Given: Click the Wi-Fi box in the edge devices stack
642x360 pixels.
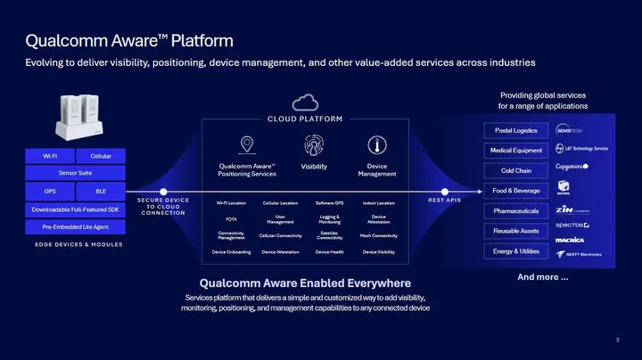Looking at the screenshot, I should point(50,156).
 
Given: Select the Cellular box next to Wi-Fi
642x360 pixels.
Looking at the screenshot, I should point(101,156).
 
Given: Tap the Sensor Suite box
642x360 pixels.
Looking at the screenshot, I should point(75,173).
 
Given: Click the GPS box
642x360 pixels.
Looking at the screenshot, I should point(50,191).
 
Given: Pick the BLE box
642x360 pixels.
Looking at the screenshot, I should point(101,191).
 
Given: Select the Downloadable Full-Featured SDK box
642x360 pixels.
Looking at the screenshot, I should point(75,209).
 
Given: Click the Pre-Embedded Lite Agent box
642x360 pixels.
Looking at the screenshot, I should point(75,226).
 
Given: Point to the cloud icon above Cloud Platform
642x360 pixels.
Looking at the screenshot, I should point(306,102).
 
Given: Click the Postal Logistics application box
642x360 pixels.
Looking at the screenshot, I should point(515,130).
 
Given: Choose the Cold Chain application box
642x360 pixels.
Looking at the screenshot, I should point(515,170).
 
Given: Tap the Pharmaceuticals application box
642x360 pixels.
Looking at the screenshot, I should point(515,211).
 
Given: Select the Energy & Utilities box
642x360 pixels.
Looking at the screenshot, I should point(515,251).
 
